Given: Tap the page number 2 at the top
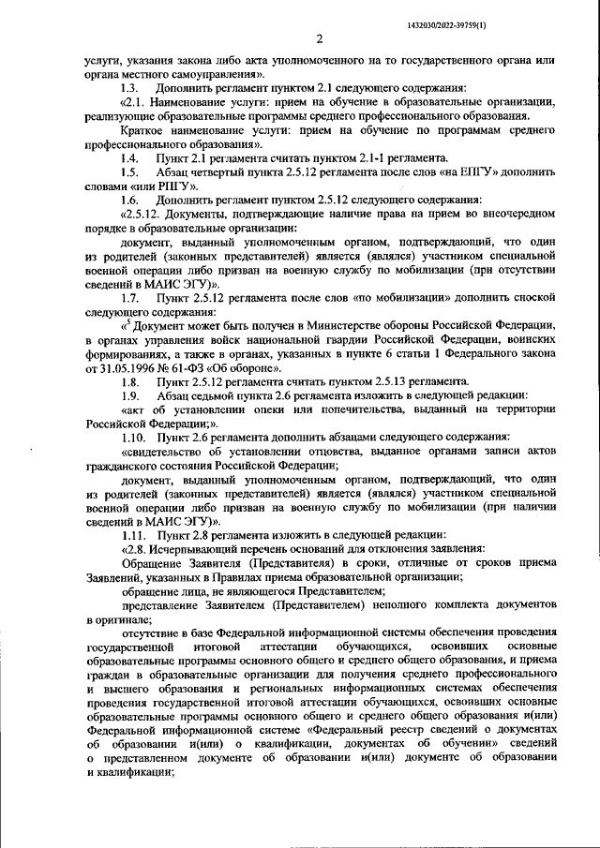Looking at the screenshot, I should (319, 39).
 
